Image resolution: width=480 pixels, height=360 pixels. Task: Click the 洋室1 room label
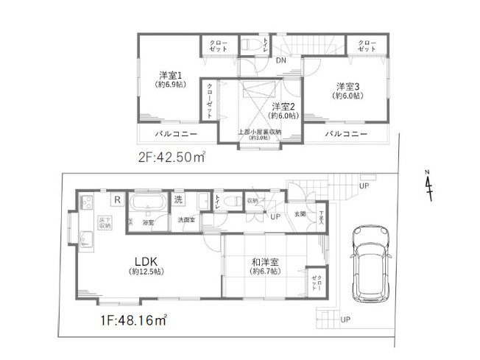tap(170, 75)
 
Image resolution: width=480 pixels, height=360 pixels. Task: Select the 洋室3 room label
tap(348, 85)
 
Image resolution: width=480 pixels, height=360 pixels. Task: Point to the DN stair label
tap(281, 61)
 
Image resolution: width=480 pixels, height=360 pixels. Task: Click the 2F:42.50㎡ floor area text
tap(172, 157)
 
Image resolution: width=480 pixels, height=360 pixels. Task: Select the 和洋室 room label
tap(263, 261)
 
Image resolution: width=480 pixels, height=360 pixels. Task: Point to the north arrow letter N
tap(428, 174)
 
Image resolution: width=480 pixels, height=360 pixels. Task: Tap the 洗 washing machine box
tap(179, 200)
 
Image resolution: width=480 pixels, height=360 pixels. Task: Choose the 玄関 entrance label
tap(300, 213)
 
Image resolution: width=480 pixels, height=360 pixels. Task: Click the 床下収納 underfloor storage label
tap(103, 223)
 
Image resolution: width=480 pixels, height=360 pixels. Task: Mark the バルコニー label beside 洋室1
tap(175, 134)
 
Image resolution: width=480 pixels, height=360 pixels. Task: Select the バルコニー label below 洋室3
tap(345, 134)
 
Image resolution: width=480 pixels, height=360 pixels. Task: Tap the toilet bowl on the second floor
tap(249, 44)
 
